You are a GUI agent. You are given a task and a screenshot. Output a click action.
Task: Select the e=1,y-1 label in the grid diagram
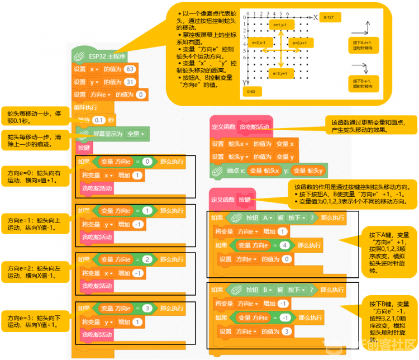277,25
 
